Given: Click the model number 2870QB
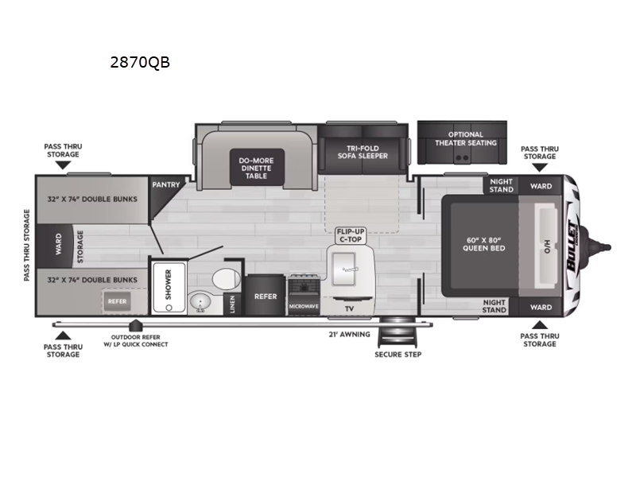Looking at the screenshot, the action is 140,62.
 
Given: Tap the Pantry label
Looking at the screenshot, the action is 166,185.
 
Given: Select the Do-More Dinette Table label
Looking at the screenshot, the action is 256,168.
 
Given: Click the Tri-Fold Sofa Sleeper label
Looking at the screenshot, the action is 363,152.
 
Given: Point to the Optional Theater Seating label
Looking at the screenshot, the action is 466,138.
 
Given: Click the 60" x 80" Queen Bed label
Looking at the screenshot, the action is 484,244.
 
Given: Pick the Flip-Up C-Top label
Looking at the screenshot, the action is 351,235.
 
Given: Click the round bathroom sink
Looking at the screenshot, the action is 200,302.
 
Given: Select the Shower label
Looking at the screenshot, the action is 169,285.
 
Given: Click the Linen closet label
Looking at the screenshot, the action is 232,304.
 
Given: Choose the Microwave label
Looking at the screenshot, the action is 304,306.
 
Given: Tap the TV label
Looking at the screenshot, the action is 349,308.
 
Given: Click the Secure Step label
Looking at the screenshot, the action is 398,355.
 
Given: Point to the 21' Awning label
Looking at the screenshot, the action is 349,335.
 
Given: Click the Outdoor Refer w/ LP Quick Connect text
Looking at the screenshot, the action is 135,341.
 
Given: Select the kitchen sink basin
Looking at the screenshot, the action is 344,269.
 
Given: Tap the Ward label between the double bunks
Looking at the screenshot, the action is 58,244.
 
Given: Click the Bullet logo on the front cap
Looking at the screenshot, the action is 572,246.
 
